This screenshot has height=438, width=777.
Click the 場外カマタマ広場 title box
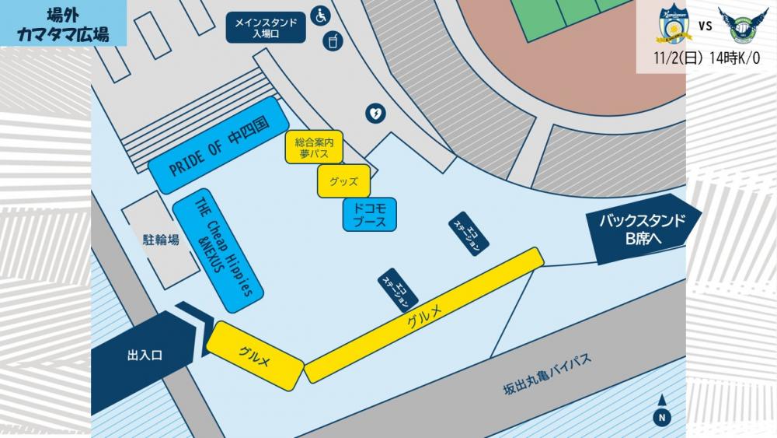[x=63, y=23]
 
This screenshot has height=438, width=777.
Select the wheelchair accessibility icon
[x=320, y=14]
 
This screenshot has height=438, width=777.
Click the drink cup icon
[x=333, y=40]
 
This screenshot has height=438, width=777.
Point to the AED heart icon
[x=375, y=114]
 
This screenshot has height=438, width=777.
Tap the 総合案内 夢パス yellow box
[x=313, y=148]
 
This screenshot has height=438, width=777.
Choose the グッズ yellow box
[x=343, y=181]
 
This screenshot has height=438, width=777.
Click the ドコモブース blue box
[x=369, y=215]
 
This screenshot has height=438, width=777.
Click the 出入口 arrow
[x=148, y=355]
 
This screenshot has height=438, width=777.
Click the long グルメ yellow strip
[x=424, y=314]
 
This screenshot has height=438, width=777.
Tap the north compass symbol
[x=661, y=416]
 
